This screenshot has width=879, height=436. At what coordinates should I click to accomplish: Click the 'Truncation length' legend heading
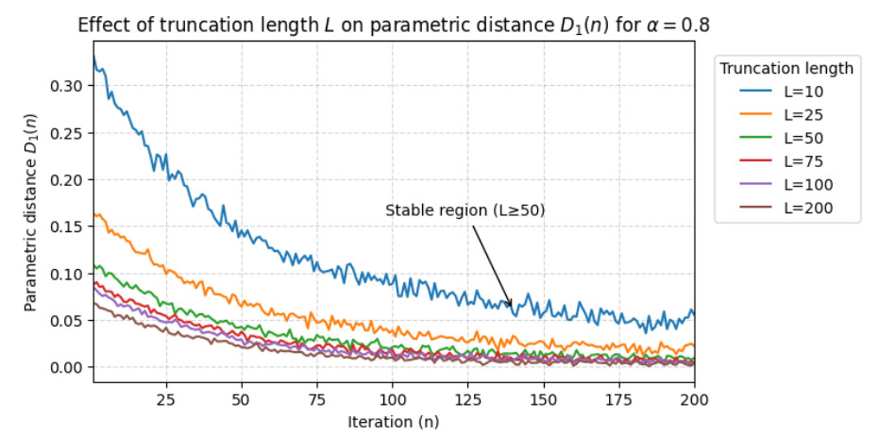point(786,68)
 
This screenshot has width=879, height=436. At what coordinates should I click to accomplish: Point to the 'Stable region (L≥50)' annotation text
point(465,210)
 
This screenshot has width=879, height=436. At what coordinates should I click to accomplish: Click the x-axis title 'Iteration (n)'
point(393,420)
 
